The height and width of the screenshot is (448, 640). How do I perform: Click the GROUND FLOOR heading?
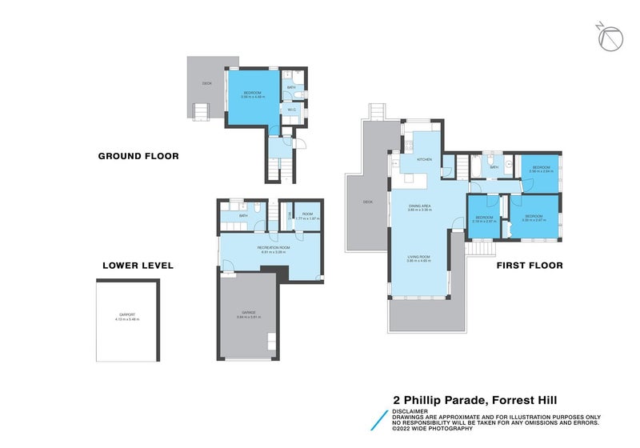[x=138, y=156]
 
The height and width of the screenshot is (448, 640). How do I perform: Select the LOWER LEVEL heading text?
[x=138, y=266]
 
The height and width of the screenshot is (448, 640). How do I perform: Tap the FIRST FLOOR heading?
[x=530, y=266]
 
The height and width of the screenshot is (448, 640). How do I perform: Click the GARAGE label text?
[x=248, y=314]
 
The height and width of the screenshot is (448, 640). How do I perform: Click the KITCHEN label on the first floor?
[x=424, y=160]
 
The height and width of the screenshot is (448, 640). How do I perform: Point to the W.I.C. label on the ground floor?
[x=292, y=111]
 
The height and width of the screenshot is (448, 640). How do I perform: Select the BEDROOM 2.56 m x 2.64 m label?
[x=541, y=170]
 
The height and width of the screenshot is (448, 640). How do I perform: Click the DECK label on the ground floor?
[x=207, y=83]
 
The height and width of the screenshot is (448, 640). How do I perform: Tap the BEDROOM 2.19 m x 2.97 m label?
[x=486, y=219]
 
